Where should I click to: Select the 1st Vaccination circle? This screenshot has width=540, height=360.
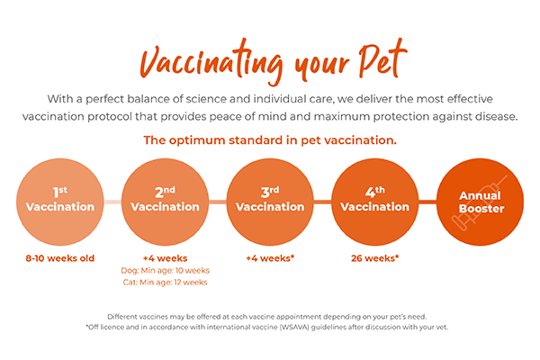pyautogui.click(x=61, y=200)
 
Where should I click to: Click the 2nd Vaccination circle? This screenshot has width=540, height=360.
pyautogui.click(x=166, y=200)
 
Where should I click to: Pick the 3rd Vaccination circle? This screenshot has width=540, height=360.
pyautogui.click(x=269, y=200)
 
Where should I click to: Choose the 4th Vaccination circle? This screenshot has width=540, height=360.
pyautogui.click(x=374, y=200)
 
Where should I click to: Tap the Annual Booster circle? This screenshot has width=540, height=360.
pyautogui.click(x=481, y=200)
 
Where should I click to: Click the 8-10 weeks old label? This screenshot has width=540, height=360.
pyautogui.click(x=61, y=257)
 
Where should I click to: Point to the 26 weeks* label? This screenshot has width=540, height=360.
pyautogui.click(x=374, y=257)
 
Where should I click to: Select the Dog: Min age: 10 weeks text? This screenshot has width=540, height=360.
pyautogui.click(x=166, y=270)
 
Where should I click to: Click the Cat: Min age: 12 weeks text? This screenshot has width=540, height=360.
pyautogui.click(x=166, y=282)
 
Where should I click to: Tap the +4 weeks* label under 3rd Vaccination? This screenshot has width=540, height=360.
pyautogui.click(x=269, y=257)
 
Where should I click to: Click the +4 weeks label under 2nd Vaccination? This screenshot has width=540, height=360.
pyautogui.click(x=166, y=257)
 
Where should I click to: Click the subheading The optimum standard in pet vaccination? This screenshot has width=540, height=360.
pyautogui.click(x=270, y=140)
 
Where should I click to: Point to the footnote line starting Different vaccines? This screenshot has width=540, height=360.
pyautogui.click(x=270, y=316)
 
